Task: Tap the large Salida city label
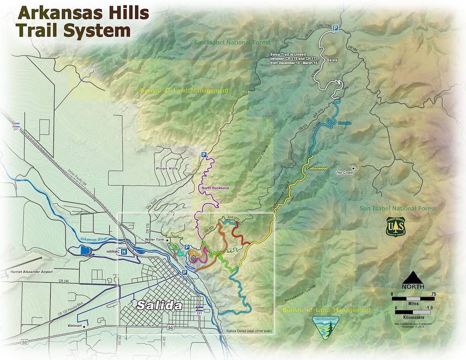click(159, 306)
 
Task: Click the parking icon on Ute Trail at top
click(336, 29)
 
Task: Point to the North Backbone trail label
click(215, 188)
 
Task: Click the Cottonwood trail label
click(317, 168)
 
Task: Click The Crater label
click(345, 172)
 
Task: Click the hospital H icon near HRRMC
click(124, 252)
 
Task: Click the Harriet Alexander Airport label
click(29, 272)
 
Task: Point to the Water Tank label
click(155, 240)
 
